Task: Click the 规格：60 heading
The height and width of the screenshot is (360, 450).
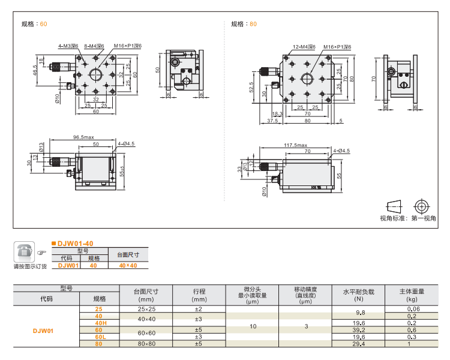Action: (x=34, y=24)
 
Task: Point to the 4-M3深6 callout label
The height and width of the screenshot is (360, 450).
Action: (x=68, y=46)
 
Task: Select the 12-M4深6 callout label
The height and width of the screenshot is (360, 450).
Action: (x=305, y=46)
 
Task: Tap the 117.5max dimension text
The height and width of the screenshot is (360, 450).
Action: (x=296, y=145)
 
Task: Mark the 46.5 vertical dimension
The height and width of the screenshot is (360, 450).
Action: (x=35, y=70)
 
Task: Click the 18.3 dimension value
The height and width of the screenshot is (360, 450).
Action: (x=277, y=113)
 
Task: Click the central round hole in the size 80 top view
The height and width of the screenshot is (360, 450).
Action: (x=307, y=79)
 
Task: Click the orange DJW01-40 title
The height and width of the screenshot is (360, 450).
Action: (x=75, y=243)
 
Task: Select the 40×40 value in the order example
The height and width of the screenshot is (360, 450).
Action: (x=127, y=265)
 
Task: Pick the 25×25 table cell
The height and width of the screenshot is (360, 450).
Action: (x=146, y=308)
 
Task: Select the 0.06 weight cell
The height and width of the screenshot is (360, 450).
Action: (x=412, y=308)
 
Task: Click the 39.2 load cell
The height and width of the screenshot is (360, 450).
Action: (x=358, y=329)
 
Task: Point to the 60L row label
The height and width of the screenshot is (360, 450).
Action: (x=99, y=337)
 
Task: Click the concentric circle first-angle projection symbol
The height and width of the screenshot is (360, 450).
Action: (x=422, y=206)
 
